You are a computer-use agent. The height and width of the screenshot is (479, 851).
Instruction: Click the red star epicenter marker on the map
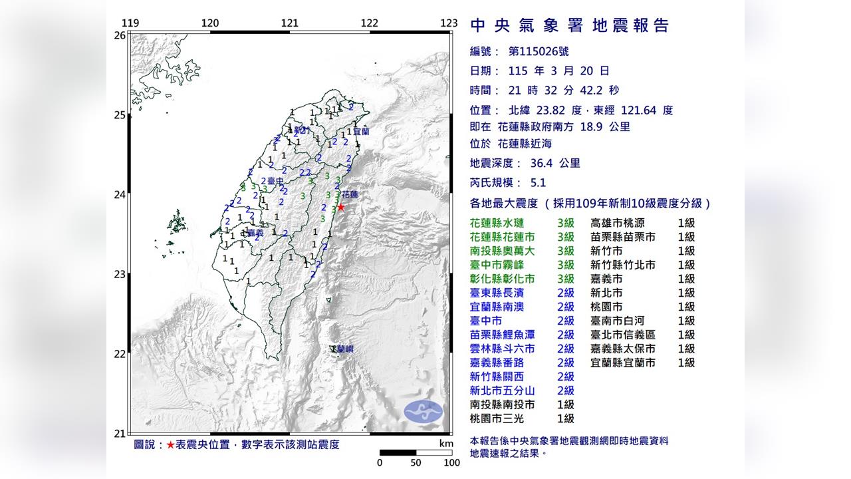[341, 207]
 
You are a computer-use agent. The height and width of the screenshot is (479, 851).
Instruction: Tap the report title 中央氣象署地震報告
[569, 26]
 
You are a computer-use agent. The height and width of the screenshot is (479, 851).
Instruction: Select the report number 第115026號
[539, 52]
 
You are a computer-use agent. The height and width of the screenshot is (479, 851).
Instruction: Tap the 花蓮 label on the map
[350, 195]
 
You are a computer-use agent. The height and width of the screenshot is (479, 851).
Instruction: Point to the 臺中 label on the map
[276, 181]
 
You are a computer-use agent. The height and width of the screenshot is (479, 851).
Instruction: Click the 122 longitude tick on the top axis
[369, 23]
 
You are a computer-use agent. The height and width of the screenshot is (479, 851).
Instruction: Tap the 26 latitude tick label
[120, 35]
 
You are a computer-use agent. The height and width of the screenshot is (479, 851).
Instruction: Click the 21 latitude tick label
[120, 434]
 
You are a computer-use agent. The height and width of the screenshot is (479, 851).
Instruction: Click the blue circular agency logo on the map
[423, 411]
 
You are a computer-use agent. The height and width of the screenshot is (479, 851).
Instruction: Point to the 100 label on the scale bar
[451, 463]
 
